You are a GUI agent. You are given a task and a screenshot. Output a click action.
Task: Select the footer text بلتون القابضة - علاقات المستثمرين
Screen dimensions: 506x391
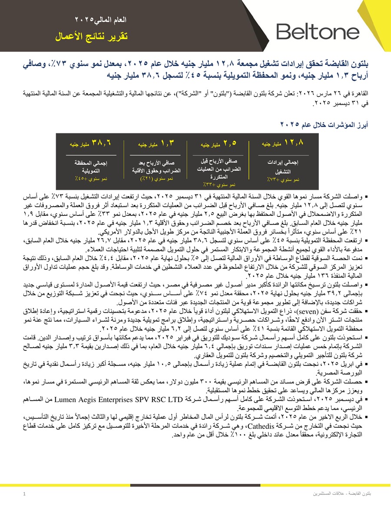click(345, 494)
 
